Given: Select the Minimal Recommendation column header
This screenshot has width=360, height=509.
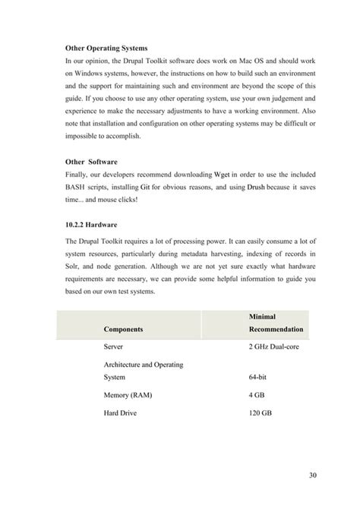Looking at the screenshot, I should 276,323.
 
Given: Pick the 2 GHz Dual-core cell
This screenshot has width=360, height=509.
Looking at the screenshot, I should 276,346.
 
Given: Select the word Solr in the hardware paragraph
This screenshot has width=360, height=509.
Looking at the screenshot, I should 74,269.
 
